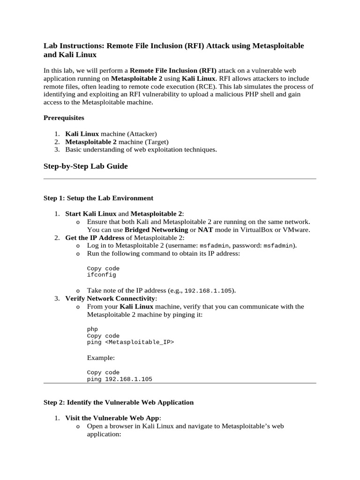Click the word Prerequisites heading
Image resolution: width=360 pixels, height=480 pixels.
pyautogui.click(x=64, y=118)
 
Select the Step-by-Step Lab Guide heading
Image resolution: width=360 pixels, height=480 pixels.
pyautogui.click(x=85, y=166)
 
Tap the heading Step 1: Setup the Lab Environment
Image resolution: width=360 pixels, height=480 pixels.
pyautogui.click(x=98, y=198)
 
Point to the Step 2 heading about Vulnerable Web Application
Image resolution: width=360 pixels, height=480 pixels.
pyautogui.click(x=118, y=402)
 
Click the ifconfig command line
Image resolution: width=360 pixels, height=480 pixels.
pyautogui.click(x=101, y=275)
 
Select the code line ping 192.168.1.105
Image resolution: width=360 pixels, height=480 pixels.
pyautogui.click(x=120, y=379)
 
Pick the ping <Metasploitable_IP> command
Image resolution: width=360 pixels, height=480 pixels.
pyautogui.click(x=130, y=343)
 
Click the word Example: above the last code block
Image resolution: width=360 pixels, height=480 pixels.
pyautogui.click(x=101, y=358)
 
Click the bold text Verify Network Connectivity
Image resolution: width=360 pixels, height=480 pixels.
pyautogui.click(x=110, y=298)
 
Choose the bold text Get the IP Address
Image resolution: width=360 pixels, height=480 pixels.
pyautogui.click(x=95, y=238)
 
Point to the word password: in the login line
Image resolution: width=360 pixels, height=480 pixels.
pyautogui.click(x=247, y=245)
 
